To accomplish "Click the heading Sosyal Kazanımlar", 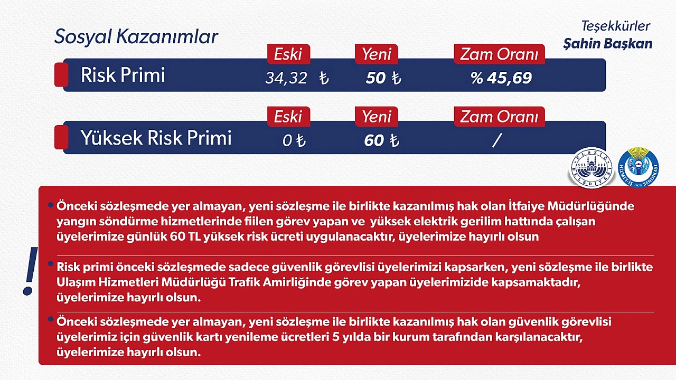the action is click(136, 37).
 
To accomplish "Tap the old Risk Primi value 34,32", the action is click(286, 78).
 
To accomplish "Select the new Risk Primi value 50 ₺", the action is click(383, 78).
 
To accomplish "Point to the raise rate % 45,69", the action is click(501, 78).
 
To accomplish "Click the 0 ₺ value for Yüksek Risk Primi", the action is click(294, 140).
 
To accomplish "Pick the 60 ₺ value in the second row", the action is click(382, 140).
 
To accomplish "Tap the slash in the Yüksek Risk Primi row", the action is click(497, 140).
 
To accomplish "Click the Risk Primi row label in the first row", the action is click(123, 75).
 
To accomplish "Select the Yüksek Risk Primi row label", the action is click(156, 138).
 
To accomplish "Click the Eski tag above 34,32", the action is click(288, 54).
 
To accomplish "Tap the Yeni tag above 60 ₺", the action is click(377, 117).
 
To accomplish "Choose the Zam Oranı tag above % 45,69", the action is click(500, 54).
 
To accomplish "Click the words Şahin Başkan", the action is click(608, 44).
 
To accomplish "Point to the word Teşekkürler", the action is click(616, 26).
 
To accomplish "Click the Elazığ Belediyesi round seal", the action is click(591, 168).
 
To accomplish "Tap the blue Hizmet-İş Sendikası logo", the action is click(639, 168).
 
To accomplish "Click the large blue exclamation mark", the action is click(30, 271).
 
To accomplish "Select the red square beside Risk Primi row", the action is click(61, 75).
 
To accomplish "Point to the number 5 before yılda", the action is click(335, 337).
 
